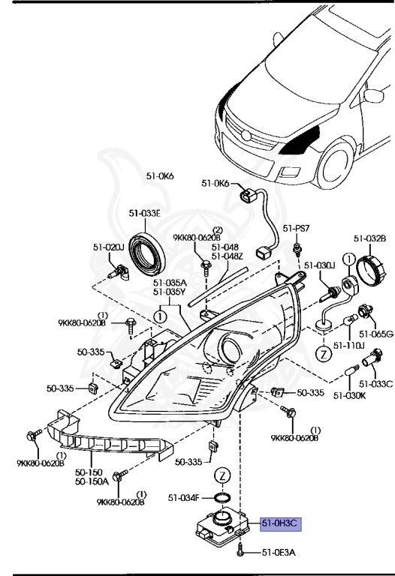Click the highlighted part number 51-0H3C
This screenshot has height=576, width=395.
(x=279, y=524)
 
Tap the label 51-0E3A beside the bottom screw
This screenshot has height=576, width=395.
(x=279, y=553)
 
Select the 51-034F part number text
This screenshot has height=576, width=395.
(x=184, y=497)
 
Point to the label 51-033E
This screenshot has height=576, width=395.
(x=144, y=213)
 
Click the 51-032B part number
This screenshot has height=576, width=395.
(x=369, y=238)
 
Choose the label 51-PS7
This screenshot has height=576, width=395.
(x=296, y=228)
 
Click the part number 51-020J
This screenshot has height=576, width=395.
(x=108, y=246)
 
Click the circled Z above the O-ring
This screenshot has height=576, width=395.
(x=222, y=475)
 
